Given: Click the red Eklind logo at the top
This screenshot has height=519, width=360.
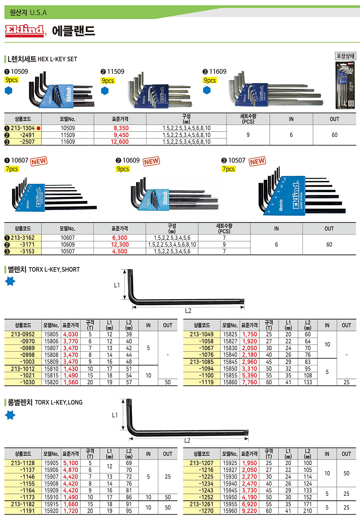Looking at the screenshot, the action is coord(24,31).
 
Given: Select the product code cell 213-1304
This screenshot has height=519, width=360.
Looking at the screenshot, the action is coord(23,128).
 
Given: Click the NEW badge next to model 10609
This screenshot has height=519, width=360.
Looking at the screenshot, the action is coord(151,161).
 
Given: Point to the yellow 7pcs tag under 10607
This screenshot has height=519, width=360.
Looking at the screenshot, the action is coord(12,169).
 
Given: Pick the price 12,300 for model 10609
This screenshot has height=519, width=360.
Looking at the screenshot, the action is coord(120,245).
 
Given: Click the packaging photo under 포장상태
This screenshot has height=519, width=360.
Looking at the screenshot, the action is coord(345,85).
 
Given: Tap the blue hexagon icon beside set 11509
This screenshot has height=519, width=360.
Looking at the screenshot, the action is coord(105,91).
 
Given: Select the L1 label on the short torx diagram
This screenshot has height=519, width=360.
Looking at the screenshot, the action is coord(117,285).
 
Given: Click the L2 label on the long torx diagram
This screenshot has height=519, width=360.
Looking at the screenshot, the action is coord(187,440).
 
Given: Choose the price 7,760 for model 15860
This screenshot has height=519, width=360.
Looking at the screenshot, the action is coord(249,382).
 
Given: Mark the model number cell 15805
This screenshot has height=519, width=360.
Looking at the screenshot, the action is coord(51,334).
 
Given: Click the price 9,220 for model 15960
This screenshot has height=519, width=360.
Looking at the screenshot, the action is coord(249,511).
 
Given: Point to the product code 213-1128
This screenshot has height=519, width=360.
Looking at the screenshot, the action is coord(23,463).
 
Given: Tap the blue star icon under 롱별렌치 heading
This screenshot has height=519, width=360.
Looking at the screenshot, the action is coord(10,415).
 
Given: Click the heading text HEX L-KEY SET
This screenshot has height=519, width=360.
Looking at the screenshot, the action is coord(57,59).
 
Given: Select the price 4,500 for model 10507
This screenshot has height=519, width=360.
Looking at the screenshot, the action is coord(120,251).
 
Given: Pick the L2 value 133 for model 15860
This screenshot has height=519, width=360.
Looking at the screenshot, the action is coord(308,382).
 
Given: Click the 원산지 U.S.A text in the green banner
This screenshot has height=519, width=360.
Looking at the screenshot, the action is coord(28,12).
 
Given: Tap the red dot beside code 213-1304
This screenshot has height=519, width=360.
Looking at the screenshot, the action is coord(39,128).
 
